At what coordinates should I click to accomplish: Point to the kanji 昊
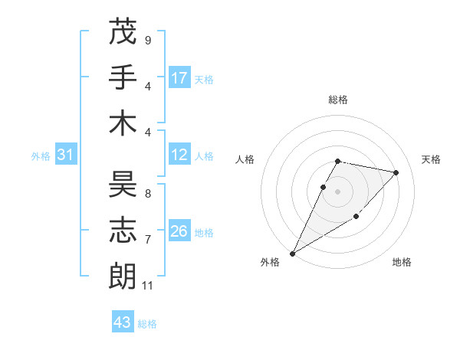point(123,185)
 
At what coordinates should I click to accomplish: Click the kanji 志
point(123,230)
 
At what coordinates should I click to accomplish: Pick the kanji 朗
point(123,275)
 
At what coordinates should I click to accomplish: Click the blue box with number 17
point(179,78)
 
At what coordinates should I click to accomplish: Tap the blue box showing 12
point(179,155)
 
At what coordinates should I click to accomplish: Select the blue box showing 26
point(179,231)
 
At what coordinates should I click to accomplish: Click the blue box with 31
point(66,155)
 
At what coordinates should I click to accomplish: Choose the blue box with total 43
point(122,322)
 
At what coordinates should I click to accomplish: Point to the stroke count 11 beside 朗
point(148,286)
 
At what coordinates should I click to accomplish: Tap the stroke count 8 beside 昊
point(148,194)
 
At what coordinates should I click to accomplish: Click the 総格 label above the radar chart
point(338,100)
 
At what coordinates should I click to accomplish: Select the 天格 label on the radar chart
point(432,159)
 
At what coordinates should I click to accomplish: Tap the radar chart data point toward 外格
point(292,253)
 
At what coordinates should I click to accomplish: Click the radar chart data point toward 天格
point(396,172)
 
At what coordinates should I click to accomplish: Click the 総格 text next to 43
point(147,324)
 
